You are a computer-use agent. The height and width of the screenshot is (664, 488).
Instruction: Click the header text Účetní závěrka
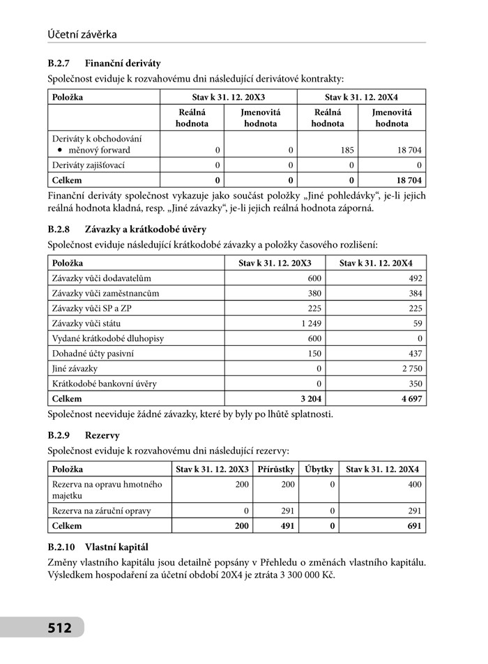coord(82,33)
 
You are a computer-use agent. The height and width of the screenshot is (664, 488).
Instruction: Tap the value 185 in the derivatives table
coord(346,150)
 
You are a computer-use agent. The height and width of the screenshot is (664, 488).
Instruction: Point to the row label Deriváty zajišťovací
coord(89,165)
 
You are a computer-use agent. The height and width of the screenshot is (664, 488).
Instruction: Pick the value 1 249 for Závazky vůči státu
coord(310,324)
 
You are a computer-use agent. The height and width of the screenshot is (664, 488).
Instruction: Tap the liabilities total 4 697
coord(411,399)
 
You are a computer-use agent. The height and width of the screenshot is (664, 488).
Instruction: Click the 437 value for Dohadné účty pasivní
coord(415,354)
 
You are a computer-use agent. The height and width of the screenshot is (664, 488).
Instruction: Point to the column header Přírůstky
coord(275,469)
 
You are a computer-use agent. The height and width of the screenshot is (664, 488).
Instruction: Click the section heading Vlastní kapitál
coord(116,547)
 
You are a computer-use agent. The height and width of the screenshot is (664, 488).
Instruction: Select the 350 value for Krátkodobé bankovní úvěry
coord(415,384)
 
